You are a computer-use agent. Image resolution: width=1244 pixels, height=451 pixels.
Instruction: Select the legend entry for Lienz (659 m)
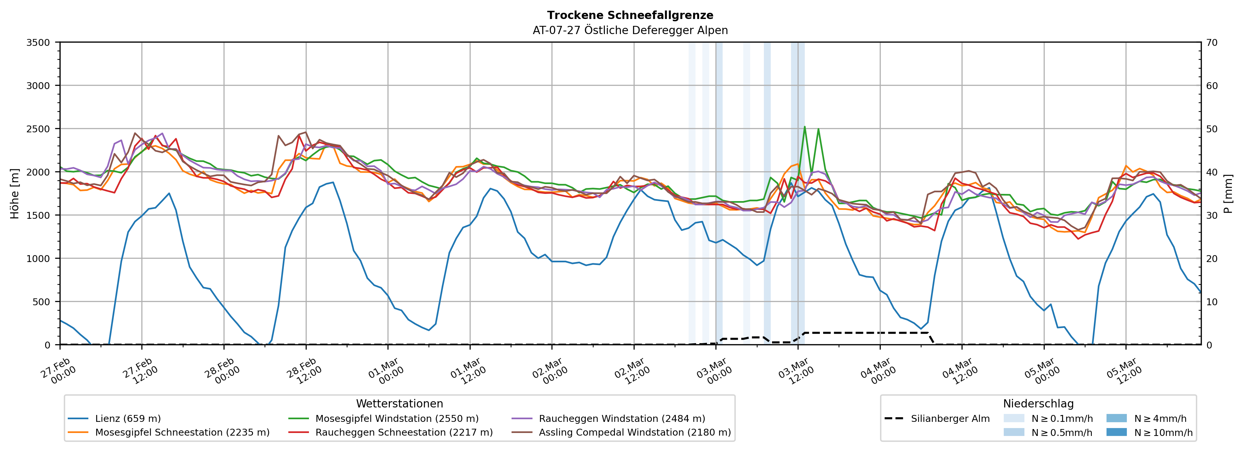128,419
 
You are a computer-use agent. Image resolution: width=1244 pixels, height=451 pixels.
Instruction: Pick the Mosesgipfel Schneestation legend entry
182,432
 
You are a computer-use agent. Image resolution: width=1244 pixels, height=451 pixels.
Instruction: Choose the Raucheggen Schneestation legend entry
404,432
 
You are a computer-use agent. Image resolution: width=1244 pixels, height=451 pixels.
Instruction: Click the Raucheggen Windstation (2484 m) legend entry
622,419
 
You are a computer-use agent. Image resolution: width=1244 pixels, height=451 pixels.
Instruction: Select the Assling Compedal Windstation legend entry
635,432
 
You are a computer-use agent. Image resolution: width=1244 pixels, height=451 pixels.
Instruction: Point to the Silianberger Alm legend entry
950,419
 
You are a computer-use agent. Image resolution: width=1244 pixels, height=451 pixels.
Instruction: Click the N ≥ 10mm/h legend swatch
1116,432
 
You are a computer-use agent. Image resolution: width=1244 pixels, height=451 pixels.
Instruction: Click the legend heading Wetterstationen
399,404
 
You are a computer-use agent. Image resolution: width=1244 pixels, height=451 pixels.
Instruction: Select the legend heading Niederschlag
1038,404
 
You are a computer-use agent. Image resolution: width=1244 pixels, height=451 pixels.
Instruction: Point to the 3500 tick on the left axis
38,43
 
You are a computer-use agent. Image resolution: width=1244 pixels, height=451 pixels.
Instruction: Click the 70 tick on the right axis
1212,43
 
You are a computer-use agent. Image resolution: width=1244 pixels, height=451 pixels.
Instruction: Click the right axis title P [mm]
1228,193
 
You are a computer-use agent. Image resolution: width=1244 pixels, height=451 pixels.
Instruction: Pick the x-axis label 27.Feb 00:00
58,371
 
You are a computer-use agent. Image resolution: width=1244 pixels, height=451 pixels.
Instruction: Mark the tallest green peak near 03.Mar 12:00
804,127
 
